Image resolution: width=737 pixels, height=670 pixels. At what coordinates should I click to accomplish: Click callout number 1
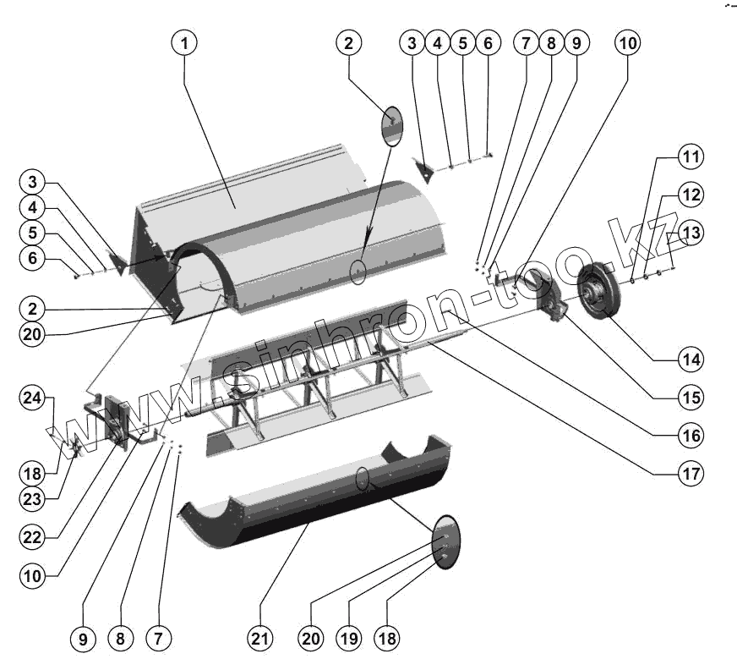click(186, 41)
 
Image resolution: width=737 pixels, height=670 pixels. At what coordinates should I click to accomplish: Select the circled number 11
click(691, 157)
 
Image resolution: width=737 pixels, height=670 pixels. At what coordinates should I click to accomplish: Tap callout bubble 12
click(691, 195)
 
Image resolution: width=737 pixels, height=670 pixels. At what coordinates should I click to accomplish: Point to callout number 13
click(691, 233)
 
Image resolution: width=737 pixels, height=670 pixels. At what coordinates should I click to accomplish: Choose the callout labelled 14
click(691, 360)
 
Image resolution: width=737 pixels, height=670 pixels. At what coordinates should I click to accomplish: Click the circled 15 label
click(691, 398)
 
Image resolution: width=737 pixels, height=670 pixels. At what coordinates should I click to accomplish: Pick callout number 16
click(691, 436)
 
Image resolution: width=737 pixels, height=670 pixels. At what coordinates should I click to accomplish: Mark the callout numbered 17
click(691, 474)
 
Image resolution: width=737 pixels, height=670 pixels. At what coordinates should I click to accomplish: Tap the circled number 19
click(350, 639)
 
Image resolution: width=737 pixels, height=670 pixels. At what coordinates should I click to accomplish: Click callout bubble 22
click(31, 538)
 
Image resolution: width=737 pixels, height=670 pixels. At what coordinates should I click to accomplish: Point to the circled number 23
click(31, 499)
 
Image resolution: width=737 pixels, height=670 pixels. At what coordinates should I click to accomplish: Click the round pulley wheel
click(599, 292)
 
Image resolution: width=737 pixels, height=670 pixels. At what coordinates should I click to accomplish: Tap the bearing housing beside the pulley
click(554, 305)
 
